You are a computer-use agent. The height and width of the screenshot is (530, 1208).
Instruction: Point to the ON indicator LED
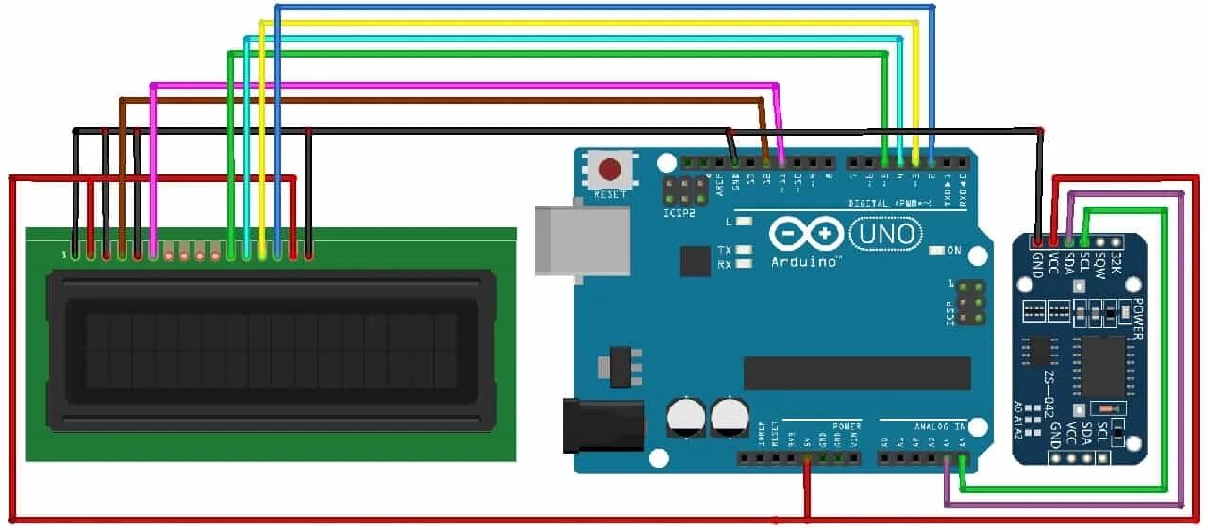click(x=937, y=250)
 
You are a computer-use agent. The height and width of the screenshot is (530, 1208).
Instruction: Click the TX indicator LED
click(x=744, y=251)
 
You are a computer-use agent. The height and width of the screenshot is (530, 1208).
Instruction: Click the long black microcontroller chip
click(x=857, y=373)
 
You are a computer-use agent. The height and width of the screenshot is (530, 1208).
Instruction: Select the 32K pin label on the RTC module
click(x=1116, y=259)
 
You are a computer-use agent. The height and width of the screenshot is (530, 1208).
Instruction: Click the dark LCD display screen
click(x=272, y=351)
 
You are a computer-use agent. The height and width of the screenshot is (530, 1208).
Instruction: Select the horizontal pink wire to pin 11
click(x=462, y=84)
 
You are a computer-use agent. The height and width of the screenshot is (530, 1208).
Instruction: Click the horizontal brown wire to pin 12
click(x=444, y=99)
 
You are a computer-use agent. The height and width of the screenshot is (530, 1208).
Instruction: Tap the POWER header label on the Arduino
click(x=847, y=426)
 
